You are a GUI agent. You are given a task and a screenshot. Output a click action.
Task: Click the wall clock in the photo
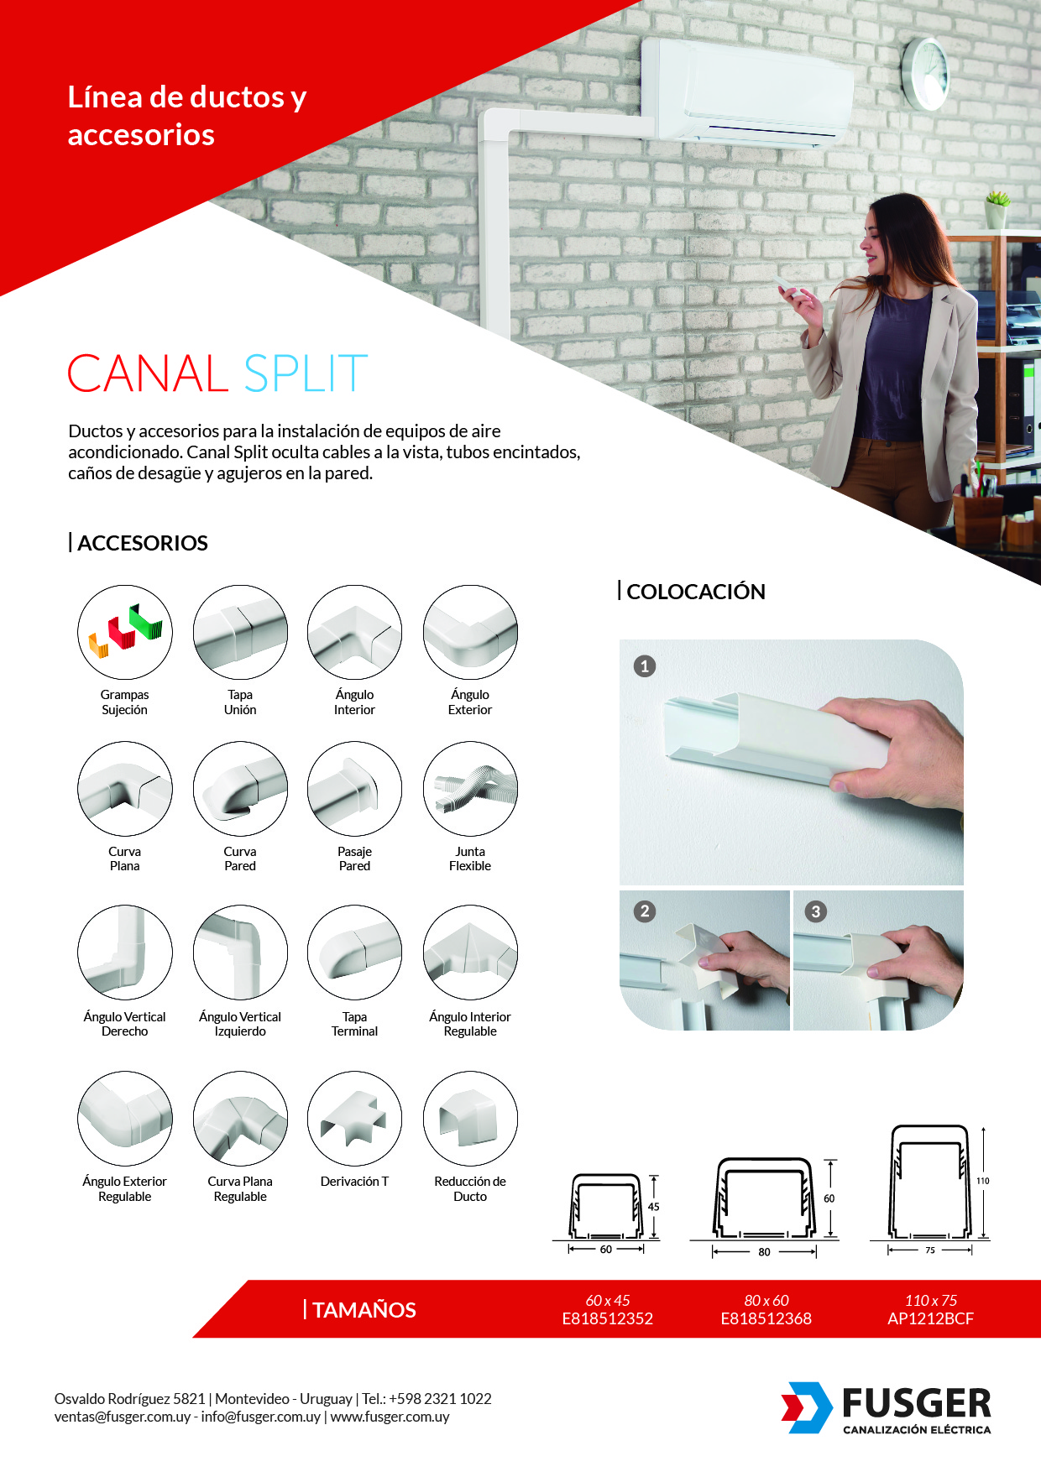click(x=925, y=73)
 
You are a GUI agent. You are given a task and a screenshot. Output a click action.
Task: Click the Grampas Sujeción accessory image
click(x=125, y=632)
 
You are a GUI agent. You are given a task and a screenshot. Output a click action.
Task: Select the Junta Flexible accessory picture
click(x=470, y=789)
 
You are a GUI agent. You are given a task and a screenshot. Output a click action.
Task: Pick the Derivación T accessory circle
click(x=355, y=1119)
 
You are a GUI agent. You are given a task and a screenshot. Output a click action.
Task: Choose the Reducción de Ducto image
click(x=470, y=1119)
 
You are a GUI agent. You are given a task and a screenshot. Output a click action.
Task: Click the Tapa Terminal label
click(x=355, y=1024)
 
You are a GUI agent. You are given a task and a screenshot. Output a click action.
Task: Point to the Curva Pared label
click(x=240, y=859)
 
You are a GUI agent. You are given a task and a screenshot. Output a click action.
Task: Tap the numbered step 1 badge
click(x=645, y=666)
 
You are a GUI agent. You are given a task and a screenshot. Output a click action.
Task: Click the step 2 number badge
click(x=645, y=911)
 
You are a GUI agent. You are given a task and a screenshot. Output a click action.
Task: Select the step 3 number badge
click(x=816, y=911)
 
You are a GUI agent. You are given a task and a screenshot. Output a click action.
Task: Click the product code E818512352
click(x=608, y=1318)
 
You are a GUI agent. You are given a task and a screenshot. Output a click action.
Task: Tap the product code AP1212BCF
click(x=931, y=1318)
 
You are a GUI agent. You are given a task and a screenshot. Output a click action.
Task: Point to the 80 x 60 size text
click(x=766, y=1300)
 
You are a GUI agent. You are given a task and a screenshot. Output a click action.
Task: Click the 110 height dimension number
click(x=983, y=1181)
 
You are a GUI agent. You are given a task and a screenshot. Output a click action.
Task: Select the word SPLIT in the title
click(x=306, y=373)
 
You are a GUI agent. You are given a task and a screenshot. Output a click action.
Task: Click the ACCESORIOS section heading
click(x=143, y=543)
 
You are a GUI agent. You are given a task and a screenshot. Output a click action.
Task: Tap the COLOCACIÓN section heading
click(x=696, y=592)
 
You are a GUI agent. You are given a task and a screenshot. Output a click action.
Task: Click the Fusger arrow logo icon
click(x=807, y=1407)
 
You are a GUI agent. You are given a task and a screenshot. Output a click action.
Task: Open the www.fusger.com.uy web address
click(x=390, y=1417)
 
